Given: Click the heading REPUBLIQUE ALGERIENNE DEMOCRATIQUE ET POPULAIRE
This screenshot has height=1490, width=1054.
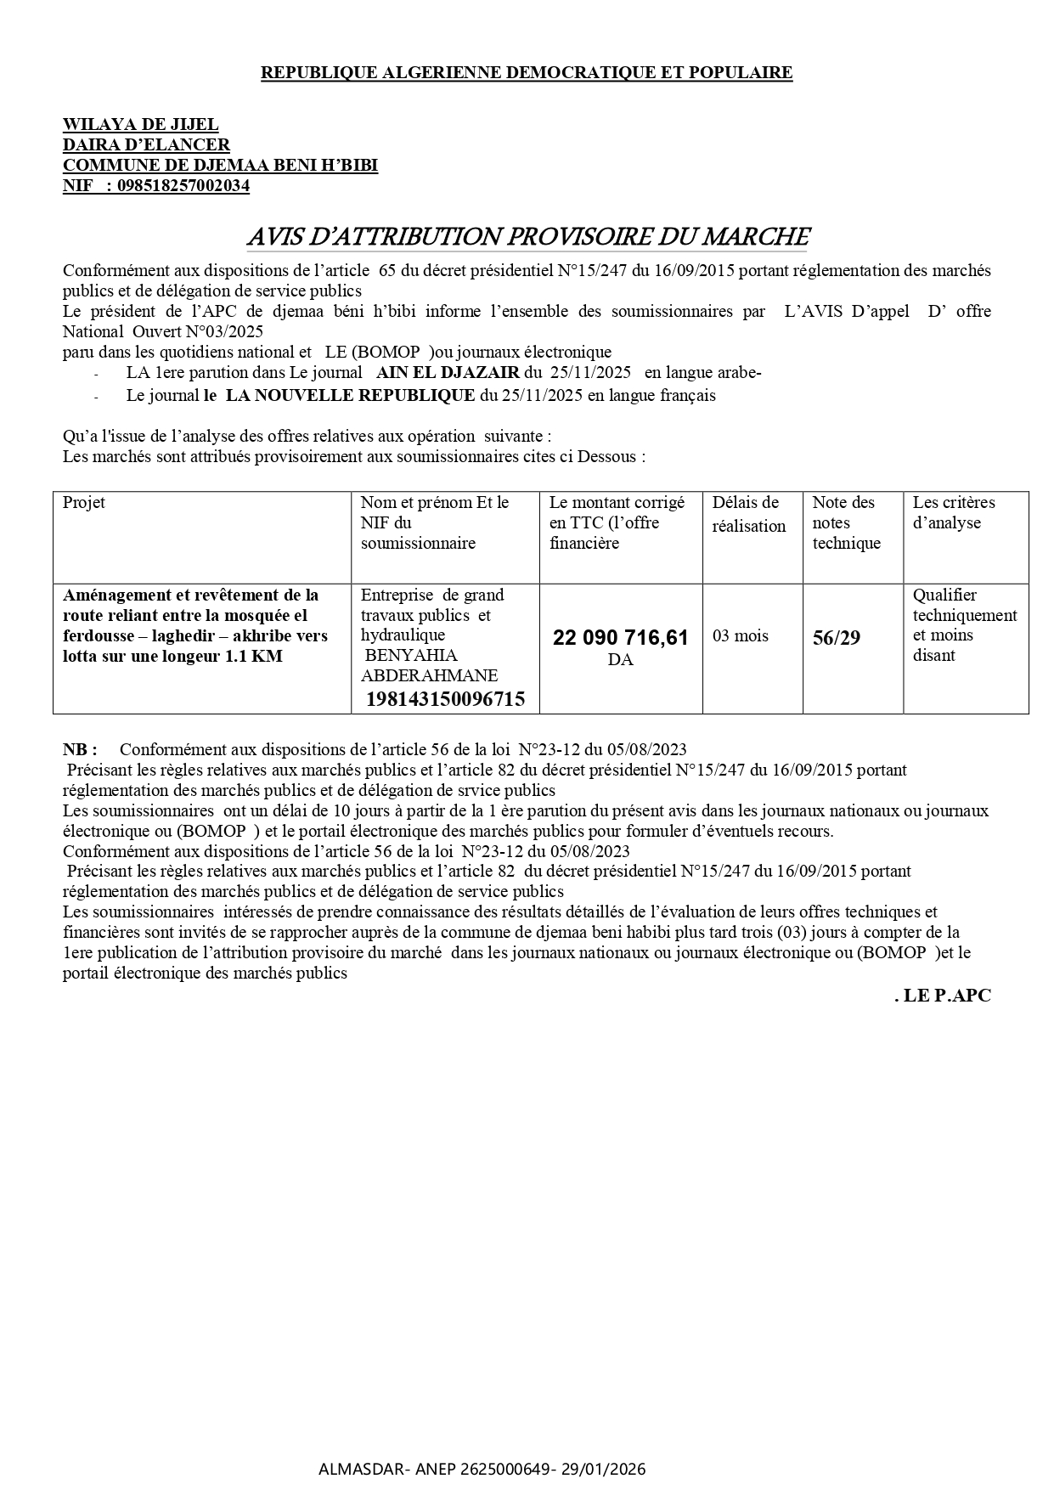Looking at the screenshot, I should [x=526, y=73].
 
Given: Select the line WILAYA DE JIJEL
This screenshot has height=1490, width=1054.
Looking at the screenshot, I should [x=140, y=125].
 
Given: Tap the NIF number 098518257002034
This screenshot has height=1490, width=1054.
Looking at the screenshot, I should [x=183, y=186].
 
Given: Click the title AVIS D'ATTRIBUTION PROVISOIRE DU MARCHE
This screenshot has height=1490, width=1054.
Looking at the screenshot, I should [x=527, y=236].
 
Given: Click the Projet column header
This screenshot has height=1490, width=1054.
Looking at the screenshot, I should [x=84, y=503].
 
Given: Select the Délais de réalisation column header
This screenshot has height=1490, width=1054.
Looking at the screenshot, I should [x=748, y=514].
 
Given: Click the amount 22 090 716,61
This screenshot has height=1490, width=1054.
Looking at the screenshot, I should [x=620, y=637].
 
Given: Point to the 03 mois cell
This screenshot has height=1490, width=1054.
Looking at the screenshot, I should [x=740, y=636].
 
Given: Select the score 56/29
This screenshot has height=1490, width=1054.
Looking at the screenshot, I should [x=836, y=638].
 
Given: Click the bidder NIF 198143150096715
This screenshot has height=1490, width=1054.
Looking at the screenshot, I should [x=445, y=699].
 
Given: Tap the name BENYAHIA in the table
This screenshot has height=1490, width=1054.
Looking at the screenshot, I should [x=410, y=655].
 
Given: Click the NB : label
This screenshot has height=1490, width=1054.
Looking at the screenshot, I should [x=80, y=749].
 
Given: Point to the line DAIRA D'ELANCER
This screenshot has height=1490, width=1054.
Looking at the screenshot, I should [x=146, y=145].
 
